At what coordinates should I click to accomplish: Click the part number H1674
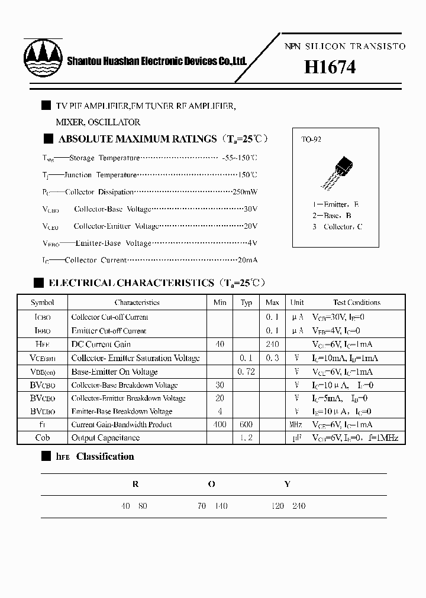tap(330, 67)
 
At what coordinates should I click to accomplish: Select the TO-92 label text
tap(311, 140)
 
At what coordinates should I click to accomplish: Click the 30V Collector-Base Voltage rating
tap(251, 209)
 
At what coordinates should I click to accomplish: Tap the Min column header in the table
tap(220, 303)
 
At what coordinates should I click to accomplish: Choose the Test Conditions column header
tap(357, 303)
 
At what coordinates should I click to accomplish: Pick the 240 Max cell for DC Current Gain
tap(272, 344)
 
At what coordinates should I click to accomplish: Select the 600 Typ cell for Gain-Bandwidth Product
tap(247, 425)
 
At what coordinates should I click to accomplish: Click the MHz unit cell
tap(296, 425)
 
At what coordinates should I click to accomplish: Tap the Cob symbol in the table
tap(42, 438)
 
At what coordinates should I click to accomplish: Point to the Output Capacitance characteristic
tap(105, 438)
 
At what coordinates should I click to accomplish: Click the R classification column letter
tap(135, 484)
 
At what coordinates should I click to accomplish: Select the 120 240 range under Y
tap(287, 506)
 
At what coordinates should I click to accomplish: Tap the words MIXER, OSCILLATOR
tap(98, 122)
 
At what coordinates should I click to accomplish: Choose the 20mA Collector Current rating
tap(247, 260)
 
